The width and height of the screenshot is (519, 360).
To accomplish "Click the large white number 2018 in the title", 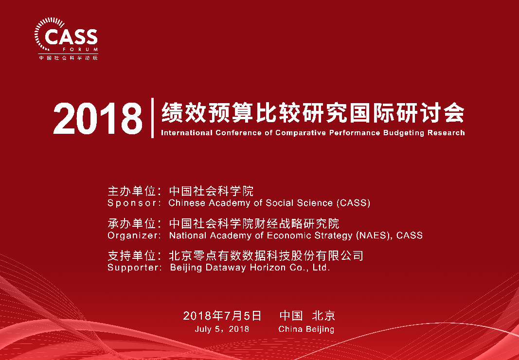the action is coord(98,119).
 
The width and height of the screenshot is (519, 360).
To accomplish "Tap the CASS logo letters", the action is coord(71,37).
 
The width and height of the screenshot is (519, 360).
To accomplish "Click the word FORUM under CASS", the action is coord(80,50).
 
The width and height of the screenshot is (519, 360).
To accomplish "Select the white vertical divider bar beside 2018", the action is coord(152,118).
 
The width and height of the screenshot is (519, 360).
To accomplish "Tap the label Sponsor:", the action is coord(134,203).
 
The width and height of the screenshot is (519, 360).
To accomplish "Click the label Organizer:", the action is coord(134,235).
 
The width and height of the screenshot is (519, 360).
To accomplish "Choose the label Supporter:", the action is coord(135,268).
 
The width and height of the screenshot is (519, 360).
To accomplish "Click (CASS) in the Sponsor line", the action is coord(354,203).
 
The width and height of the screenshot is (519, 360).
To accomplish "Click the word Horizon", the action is coord(268,268).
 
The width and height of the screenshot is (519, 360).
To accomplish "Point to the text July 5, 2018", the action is coord(222,329).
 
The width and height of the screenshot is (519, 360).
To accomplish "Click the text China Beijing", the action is coord(306,329).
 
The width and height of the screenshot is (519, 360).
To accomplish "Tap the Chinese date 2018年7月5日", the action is coord(222,316).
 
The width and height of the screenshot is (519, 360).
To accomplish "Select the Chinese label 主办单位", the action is coord(132,191).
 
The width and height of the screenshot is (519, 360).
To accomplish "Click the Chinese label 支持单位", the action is coord(132,256).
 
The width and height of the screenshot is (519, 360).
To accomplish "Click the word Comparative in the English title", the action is coord(301,133).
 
